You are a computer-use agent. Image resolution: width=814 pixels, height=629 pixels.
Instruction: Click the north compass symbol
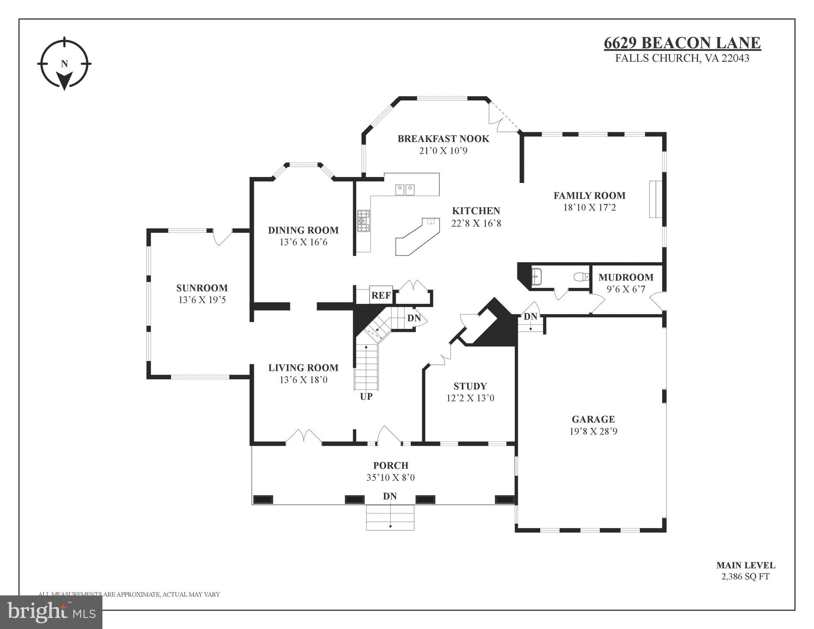click(64, 64)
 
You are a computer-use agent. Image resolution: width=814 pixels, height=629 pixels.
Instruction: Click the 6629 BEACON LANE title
click(682, 43)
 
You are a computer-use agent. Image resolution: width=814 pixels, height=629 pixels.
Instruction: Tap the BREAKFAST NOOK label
click(443, 138)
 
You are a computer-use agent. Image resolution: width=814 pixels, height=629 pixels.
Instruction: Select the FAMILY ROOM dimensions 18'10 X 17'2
click(589, 208)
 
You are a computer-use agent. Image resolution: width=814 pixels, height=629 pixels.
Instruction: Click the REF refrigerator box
click(381, 295)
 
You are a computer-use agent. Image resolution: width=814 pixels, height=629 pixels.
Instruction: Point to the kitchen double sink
click(405, 190)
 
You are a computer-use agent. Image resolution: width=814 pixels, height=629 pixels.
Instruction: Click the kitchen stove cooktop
click(363, 221)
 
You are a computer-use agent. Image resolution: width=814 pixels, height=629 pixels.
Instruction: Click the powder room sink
click(537, 276)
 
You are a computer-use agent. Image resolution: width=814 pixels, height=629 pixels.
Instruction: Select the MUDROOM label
click(626, 277)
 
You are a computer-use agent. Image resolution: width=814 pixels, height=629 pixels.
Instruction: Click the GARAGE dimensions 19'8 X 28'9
click(593, 431)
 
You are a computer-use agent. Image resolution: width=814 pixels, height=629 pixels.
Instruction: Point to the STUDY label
click(470, 386)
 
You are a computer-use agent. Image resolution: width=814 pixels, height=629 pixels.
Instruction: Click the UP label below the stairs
click(366, 396)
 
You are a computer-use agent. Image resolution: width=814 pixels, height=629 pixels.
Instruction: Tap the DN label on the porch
click(390, 496)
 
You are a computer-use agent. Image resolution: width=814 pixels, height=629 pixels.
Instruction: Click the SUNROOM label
click(202, 288)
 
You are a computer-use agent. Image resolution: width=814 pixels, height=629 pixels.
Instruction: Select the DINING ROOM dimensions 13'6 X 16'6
click(303, 242)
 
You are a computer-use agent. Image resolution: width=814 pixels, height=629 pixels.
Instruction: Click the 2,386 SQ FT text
click(745, 577)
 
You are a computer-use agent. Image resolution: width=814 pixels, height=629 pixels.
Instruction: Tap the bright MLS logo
click(51, 612)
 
